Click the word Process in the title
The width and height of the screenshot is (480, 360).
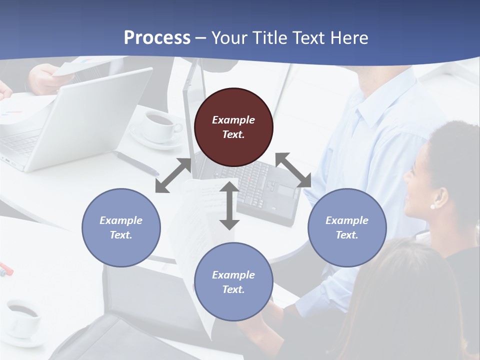click(157, 37)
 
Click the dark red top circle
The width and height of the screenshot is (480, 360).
click(233, 127)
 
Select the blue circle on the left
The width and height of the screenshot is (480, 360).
click(121, 227)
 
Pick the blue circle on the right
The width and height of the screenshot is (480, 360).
click(347, 227)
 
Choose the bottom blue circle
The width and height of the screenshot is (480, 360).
click(233, 282)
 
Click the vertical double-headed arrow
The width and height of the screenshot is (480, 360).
click(229, 205)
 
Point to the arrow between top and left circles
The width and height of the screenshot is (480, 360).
click(173, 175)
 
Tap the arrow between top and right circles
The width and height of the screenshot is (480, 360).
click(293, 170)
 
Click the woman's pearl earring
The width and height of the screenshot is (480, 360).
click(432, 206)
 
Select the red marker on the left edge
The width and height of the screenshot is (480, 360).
click(6, 268)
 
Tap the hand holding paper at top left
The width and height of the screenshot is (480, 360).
click(42, 77)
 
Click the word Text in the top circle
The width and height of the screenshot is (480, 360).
click(233, 134)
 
